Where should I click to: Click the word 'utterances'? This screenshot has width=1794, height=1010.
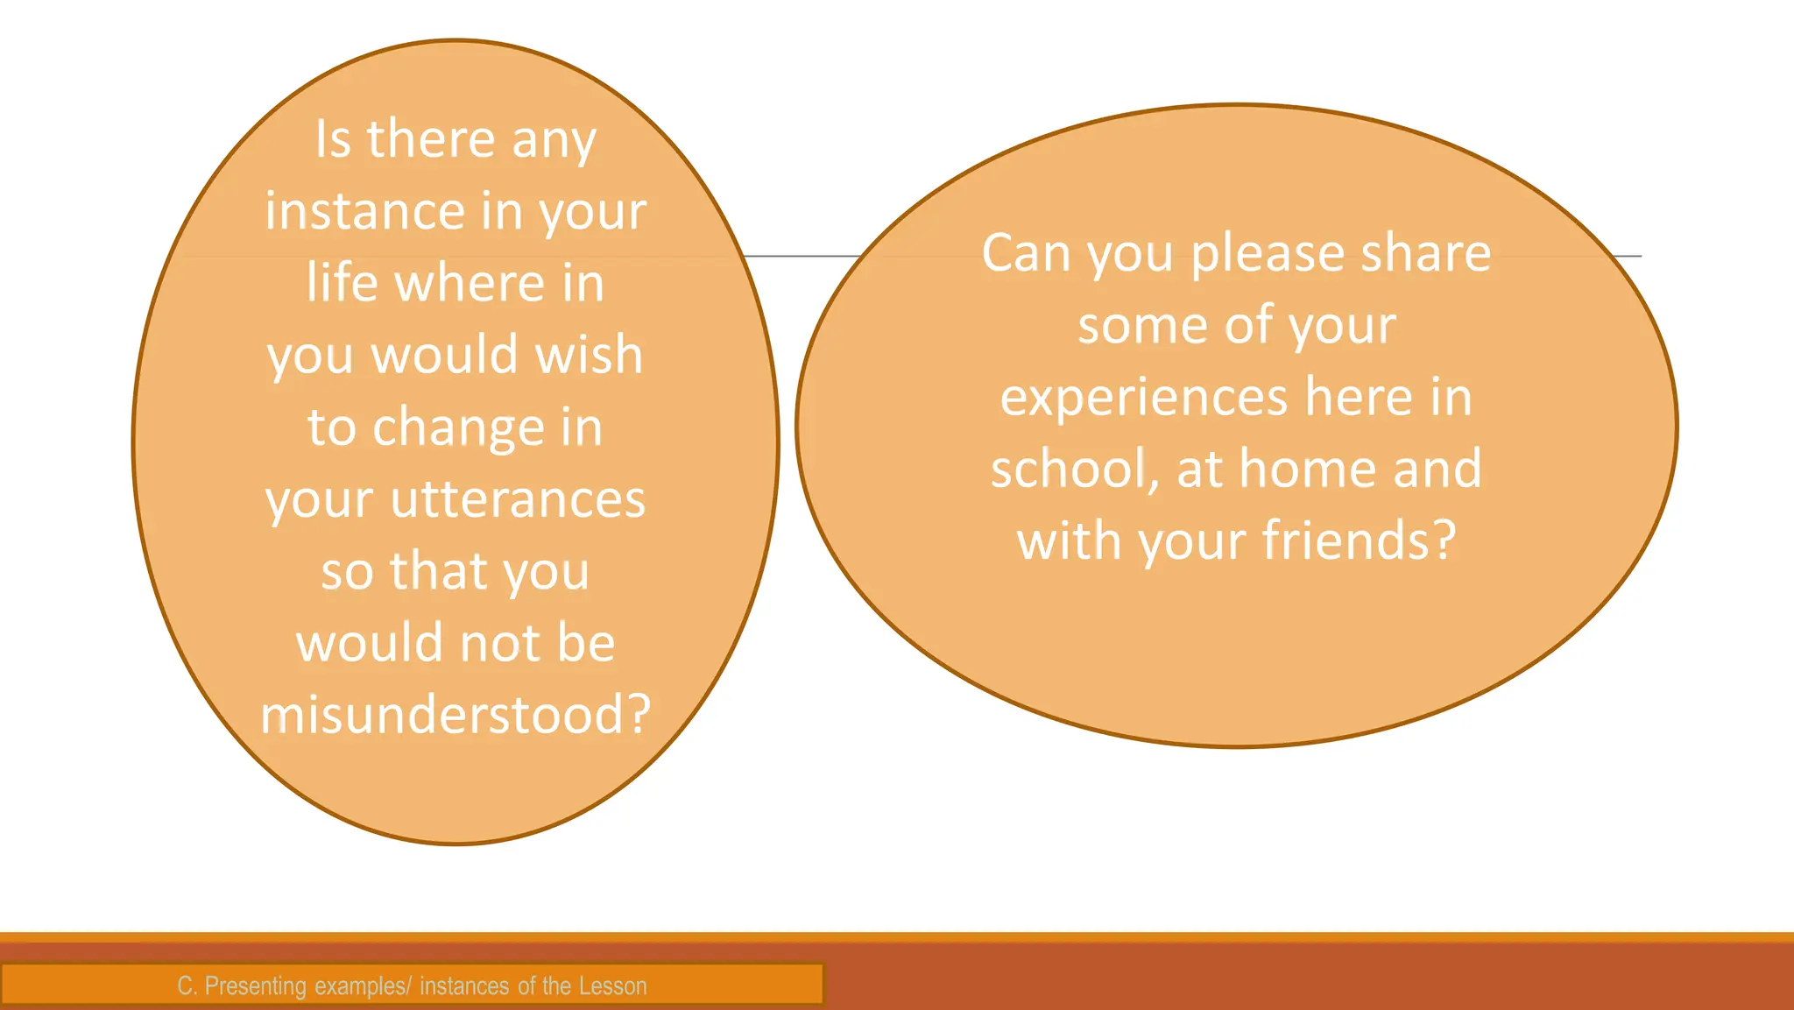pos(518,499)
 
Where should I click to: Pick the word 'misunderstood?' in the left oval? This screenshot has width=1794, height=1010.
pos(456,715)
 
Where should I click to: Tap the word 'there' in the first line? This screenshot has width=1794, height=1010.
pos(431,139)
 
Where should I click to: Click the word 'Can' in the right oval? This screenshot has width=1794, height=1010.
pos(1024,253)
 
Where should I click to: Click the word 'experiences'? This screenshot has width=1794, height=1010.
pos(1143,399)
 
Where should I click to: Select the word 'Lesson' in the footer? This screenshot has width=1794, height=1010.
pos(612,986)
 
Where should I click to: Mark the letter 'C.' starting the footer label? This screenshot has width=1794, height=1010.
pos(187,986)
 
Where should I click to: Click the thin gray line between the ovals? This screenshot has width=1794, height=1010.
pos(802,256)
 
